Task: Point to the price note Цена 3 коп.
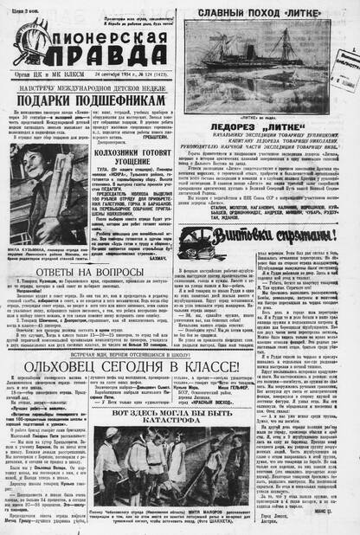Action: coord(20,6)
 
